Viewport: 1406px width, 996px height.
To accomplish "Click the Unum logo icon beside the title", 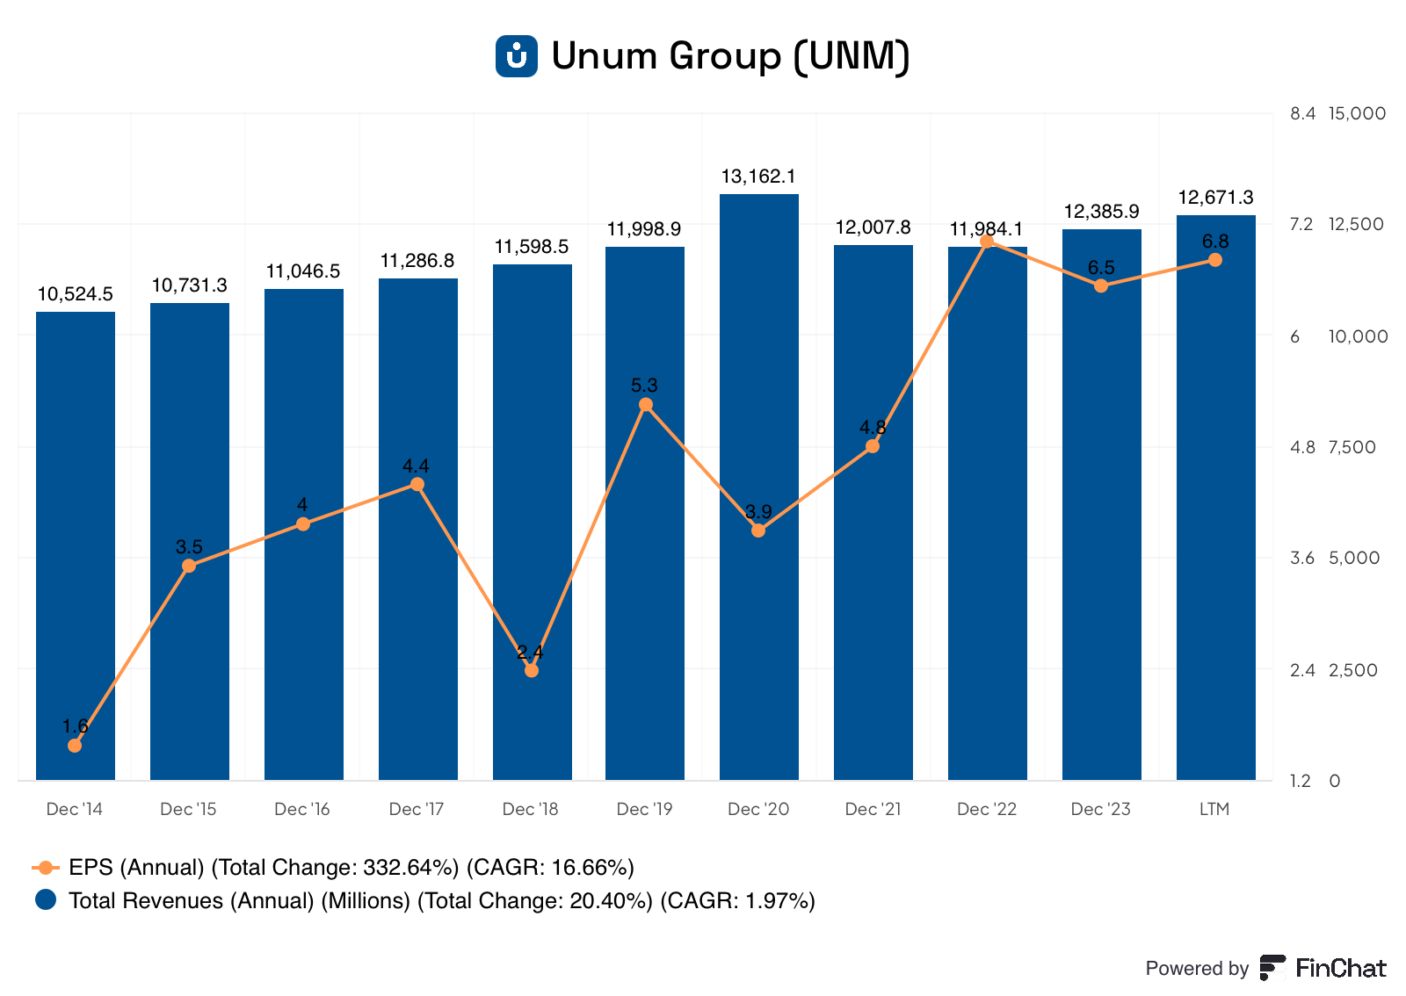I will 517,56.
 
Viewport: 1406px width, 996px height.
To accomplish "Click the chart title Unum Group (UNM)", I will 730,56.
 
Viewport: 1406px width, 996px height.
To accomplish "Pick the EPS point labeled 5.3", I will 646,405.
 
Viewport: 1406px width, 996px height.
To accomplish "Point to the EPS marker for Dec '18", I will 532,671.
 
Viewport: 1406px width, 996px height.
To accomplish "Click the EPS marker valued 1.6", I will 75,746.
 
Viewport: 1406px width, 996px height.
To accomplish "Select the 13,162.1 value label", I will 758,177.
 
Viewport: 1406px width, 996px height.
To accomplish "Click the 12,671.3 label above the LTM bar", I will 1215,198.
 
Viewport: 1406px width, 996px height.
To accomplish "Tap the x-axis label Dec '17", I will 417,809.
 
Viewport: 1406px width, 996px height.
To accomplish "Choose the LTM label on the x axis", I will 1214,809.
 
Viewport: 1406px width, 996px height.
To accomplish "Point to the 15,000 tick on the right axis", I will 1357,113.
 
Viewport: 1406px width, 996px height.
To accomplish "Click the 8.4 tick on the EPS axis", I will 1302,113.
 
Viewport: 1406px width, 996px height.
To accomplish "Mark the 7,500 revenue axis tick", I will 1352,447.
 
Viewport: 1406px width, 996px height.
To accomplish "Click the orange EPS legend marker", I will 46,868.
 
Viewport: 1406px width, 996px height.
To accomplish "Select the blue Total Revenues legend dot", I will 46,900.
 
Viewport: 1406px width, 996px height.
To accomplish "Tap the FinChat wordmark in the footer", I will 1340,968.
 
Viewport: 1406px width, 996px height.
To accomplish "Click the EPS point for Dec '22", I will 987,242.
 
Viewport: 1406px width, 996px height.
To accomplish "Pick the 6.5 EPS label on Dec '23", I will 1101,268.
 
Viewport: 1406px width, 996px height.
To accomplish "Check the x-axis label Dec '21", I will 873,809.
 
